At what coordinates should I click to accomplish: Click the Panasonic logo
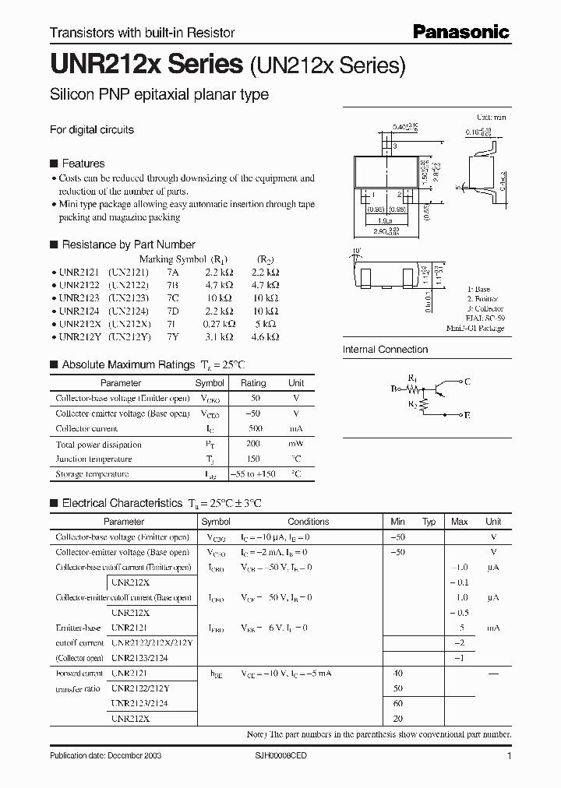[460, 32]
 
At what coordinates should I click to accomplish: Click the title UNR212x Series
[146, 64]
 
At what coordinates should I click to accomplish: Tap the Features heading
[83, 164]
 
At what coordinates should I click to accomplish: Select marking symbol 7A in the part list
[172, 273]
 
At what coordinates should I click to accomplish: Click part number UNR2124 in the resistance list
[79, 311]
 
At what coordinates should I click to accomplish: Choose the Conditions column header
[309, 522]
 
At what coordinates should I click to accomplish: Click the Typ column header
[429, 522]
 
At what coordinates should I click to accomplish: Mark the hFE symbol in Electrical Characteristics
[215, 673]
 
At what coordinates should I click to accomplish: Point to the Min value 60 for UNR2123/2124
[398, 703]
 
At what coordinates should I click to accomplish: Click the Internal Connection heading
[385, 350]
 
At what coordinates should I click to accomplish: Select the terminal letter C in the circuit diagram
[467, 382]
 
